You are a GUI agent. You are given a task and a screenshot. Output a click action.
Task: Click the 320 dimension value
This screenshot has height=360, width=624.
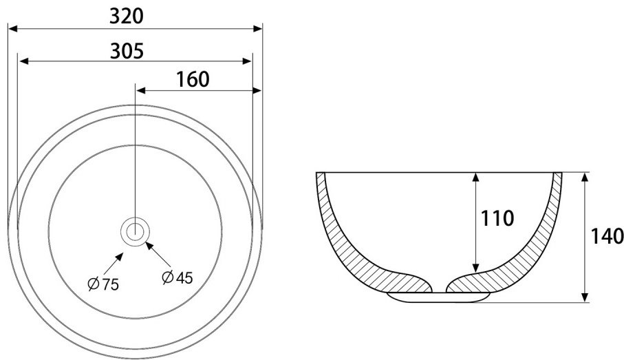tap(126, 17)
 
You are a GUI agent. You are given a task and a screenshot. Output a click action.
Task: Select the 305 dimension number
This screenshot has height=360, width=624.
tap(127, 51)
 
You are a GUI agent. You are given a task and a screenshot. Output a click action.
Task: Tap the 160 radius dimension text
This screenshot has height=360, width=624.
tap(193, 80)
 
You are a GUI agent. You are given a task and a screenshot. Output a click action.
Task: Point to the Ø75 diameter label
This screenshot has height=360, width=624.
tap(103, 284)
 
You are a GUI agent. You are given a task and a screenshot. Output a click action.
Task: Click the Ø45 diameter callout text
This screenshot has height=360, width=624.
tap(177, 277)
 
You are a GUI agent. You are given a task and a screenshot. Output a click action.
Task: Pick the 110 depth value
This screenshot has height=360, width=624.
tap(497, 218)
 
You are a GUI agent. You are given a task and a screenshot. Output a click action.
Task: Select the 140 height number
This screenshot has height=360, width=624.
tap(607, 236)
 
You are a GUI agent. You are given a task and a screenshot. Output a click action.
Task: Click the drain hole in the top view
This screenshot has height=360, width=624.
tap(136, 231)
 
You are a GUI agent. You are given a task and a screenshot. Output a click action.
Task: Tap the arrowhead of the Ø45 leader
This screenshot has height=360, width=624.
tap(149, 245)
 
